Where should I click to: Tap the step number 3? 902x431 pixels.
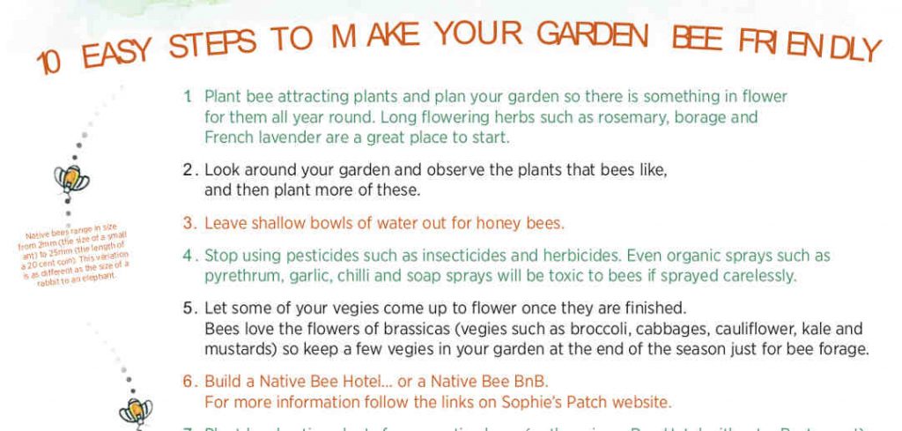click(188, 223)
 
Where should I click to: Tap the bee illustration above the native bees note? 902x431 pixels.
click(68, 179)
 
